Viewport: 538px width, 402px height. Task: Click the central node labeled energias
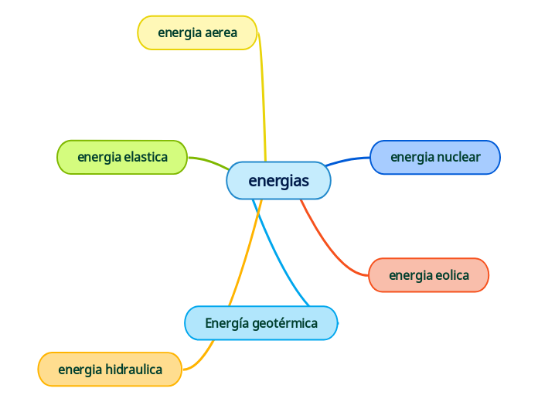(278, 181)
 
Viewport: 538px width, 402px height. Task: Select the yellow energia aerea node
(197, 32)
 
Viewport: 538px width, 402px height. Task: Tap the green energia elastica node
(122, 157)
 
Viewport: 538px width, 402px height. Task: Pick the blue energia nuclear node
(435, 157)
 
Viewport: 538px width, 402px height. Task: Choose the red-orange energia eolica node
(429, 275)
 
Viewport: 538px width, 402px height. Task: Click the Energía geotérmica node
(261, 323)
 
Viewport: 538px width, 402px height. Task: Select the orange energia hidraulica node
(110, 369)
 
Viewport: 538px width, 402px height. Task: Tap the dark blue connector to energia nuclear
(348, 160)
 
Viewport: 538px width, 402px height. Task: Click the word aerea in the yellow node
(222, 32)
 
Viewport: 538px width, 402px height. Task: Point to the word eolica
(452, 275)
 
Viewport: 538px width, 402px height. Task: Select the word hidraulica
(133, 370)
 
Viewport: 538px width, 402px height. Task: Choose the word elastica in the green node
(146, 157)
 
